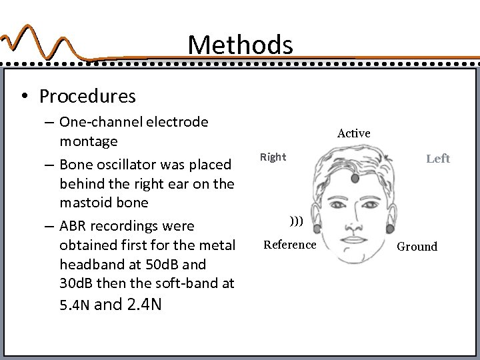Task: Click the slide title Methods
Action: coord(240,45)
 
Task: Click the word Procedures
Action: coord(87,97)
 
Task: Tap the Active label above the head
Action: coord(353,133)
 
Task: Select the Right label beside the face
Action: coord(273,157)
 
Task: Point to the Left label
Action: coord(437,158)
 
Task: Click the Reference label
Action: coord(290,245)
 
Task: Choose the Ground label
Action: coord(417,247)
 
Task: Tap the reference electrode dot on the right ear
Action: coord(316,228)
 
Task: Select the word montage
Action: coord(88,141)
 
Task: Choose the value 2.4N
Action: coord(142,306)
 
